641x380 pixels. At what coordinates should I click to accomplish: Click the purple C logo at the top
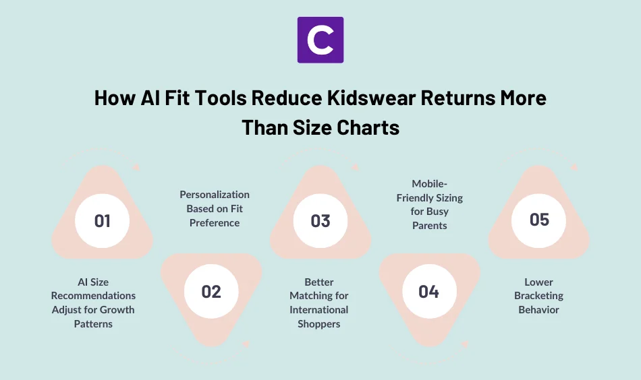tap(320, 40)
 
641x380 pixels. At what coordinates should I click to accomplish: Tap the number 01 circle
tap(103, 221)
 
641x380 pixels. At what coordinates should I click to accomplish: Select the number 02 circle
tap(211, 291)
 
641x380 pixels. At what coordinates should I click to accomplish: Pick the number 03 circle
tap(320, 221)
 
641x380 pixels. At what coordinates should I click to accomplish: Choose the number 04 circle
tap(429, 291)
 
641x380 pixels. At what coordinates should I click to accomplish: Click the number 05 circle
tap(539, 220)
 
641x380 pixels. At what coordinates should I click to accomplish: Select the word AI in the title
tap(150, 98)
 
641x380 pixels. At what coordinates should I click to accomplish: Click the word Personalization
tap(215, 195)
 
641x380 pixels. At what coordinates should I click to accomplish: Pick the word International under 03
tap(319, 310)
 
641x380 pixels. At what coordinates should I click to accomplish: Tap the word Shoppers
tap(319, 324)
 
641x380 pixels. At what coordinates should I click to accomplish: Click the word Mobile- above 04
tap(429, 183)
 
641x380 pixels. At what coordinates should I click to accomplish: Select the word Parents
tap(429, 226)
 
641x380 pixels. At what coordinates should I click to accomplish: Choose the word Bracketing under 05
tap(538, 296)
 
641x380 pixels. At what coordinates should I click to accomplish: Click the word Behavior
tap(538, 310)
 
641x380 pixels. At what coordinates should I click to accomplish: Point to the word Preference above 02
tap(215, 223)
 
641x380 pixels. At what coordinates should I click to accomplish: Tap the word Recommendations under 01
tap(93, 296)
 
